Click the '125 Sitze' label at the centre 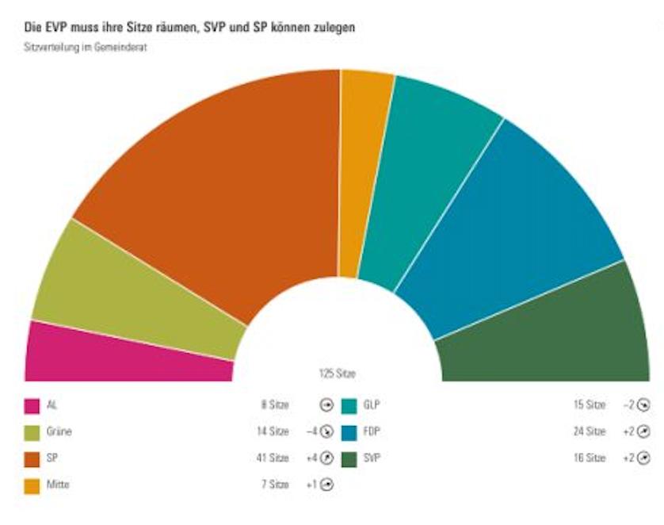337,373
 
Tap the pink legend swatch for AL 32,406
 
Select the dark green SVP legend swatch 349,458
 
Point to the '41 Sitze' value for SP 273,458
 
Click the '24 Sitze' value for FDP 589,432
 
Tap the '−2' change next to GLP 628,405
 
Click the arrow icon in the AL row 325,405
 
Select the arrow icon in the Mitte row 325,484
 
